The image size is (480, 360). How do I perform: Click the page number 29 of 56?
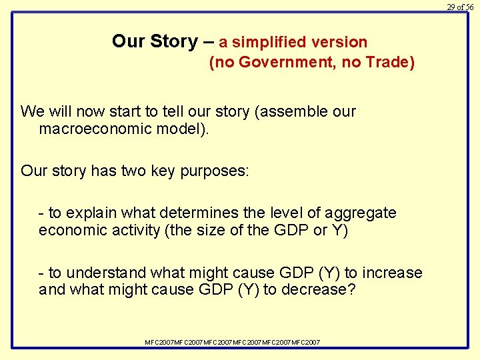pyautogui.click(x=460, y=7)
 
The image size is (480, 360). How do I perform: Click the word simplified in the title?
pyautogui.click(x=269, y=42)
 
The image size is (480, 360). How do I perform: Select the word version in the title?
pyautogui.click(x=339, y=42)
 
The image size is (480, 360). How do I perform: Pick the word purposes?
pyautogui.click(x=215, y=171)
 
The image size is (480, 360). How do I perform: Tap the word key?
pyautogui.click(x=164, y=171)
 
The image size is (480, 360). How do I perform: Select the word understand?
pyautogui.click(x=107, y=273)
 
